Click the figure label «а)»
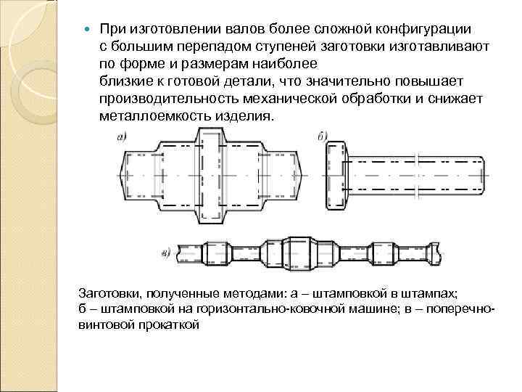pos(121,136)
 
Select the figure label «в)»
pos(165,253)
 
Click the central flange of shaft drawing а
pos(210,174)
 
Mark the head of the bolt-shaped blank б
pos(337,174)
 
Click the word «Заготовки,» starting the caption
pos(109,294)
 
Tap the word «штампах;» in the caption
pos(434,294)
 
